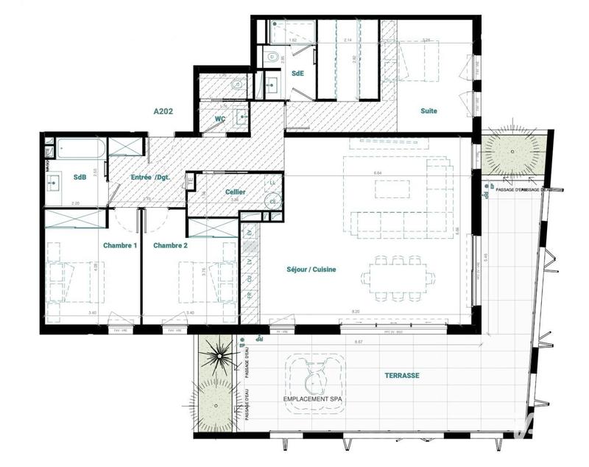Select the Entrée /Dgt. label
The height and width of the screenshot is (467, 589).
151,178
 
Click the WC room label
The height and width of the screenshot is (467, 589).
219,119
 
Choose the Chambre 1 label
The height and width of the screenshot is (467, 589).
120,245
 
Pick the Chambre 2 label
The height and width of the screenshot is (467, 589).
171,245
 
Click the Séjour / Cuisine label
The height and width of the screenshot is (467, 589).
311,270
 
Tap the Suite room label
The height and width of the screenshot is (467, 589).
428,111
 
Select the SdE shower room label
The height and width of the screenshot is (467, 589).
297,74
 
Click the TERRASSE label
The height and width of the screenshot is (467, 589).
402,375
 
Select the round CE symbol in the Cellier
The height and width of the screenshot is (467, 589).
273,200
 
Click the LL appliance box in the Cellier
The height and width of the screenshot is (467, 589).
272,182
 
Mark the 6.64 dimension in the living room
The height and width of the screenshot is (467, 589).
378,172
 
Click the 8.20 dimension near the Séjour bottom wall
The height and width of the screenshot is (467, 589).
356,312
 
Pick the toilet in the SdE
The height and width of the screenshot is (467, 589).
271,56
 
